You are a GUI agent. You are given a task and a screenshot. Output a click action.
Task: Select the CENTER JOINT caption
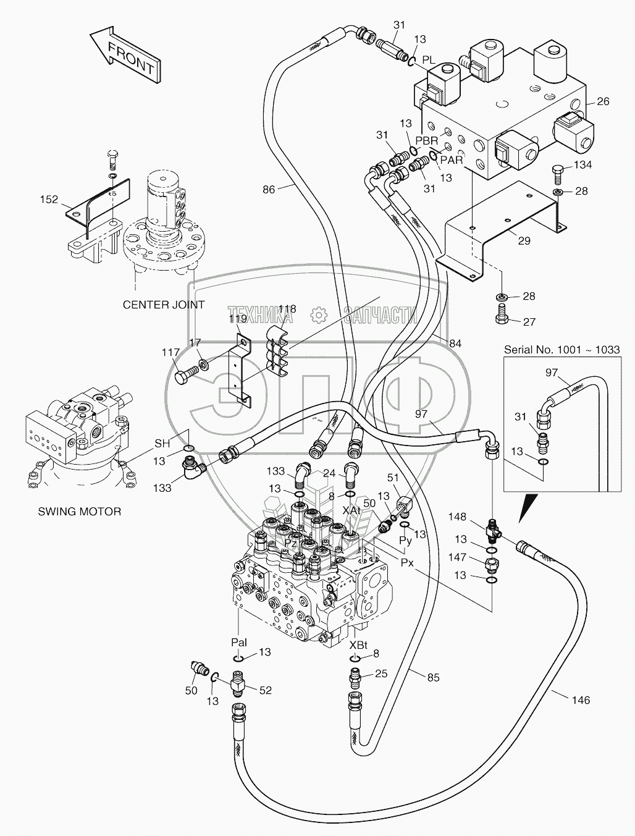point(164,305)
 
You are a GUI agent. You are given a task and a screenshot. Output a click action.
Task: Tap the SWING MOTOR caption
point(79,511)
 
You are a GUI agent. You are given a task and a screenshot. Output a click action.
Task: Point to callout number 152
point(50,200)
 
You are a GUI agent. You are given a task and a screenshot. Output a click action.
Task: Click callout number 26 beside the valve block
point(603,102)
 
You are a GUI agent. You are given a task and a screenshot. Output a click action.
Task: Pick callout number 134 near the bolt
point(583,165)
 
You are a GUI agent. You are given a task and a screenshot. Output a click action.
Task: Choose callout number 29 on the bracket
point(524,241)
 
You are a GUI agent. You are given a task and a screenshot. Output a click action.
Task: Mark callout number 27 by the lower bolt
point(529,321)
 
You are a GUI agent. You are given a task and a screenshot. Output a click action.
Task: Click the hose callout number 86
point(269,190)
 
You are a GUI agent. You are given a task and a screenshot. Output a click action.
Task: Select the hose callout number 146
point(581,700)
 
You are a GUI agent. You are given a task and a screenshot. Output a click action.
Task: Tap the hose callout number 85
point(433,678)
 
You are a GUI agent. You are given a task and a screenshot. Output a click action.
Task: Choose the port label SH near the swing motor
point(162,443)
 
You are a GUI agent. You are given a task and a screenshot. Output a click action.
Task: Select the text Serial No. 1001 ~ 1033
point(561,350)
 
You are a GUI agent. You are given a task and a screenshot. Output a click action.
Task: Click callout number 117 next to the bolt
point(171,353)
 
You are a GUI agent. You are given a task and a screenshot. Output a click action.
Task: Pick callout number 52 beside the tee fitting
point(265,691)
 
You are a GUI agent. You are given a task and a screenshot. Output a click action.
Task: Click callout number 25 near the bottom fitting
point(382,673)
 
